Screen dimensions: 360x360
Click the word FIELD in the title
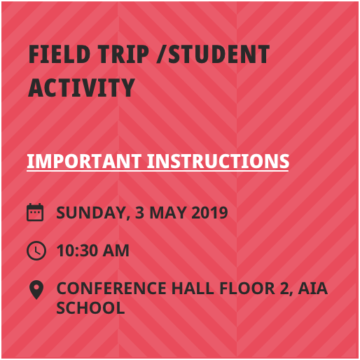pos(60,54)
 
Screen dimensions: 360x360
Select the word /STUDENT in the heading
pos(213,54)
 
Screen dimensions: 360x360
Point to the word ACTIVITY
pos(81,88)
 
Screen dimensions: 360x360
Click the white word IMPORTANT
pos(84,161)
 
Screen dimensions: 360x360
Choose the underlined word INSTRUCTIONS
pos(218,161)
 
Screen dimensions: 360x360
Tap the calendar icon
pos(35,212)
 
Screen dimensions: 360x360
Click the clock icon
pos(36,251)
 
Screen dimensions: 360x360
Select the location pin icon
pos(36,290)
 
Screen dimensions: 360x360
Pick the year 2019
pos(209,213)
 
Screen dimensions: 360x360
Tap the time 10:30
pos(77,251)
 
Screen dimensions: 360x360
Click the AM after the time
pos(116,251)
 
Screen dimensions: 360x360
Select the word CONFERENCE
pos(111,289)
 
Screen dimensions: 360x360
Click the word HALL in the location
pos(193,289)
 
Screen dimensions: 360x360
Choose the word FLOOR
pos(247,289)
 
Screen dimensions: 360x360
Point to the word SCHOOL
pos(90,307)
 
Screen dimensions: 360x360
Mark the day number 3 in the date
pos(139,213)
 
